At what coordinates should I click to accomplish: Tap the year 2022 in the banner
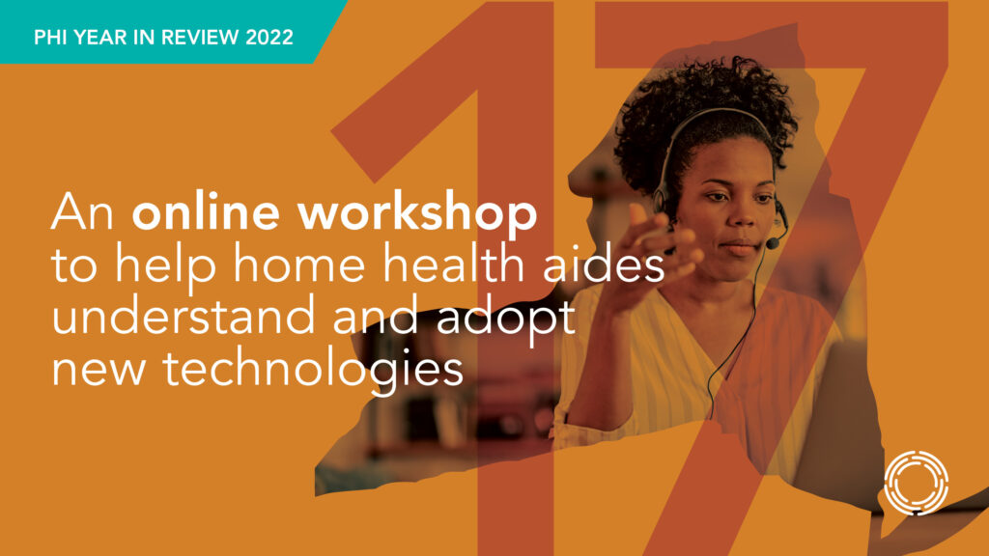pos(269,38)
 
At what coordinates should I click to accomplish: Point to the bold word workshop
pos(417,214)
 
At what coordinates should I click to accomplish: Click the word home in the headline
pos(299,264)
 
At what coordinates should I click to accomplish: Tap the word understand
pos(183,316)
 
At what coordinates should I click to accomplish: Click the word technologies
pos(314,370)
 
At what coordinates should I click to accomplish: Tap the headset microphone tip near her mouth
pos(772,242)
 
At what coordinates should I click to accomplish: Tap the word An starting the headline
pos(83,211)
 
